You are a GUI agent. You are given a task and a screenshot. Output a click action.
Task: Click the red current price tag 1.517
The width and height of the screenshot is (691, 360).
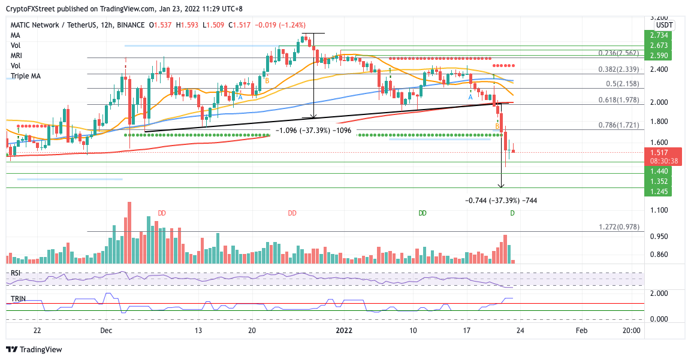pos(657,152)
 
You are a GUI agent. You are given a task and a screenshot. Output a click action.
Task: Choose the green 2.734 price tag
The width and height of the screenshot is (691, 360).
pos(657,35)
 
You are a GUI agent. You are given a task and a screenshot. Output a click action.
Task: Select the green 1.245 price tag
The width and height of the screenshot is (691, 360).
pos(657,191)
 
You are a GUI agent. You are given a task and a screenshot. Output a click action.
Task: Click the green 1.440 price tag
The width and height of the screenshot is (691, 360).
pos(657,171)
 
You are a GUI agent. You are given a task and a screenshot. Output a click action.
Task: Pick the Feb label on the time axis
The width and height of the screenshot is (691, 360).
pos(581,330)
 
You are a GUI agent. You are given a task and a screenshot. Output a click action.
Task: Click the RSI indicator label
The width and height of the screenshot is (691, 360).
pos(15,273)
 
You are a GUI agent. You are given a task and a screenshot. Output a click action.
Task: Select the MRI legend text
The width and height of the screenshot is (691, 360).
pos(17,56)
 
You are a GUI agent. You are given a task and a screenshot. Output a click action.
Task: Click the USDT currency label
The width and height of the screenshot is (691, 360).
pos(664,25)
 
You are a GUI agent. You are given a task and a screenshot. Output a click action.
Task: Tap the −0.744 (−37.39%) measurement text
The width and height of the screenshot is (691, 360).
pos(501,200)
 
